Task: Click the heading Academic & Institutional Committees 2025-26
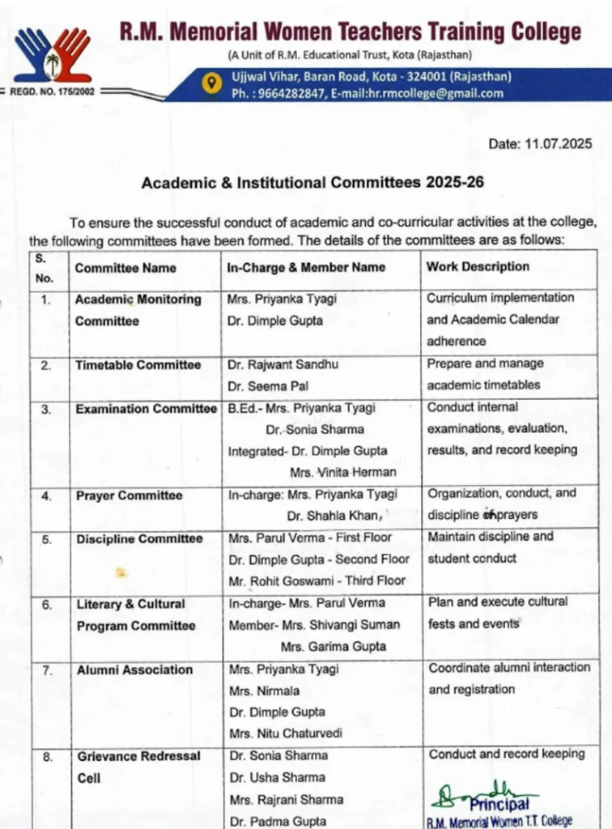point(312,182)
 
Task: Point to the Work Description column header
point(478,266)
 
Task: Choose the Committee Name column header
point(125,268)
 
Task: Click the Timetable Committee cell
point(138,365)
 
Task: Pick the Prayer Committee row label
point(129,495)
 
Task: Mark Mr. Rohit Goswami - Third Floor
point(317,580)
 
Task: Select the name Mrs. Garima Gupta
point(334,647)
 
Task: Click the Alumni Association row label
point(134,670)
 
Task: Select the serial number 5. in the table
point(47,538)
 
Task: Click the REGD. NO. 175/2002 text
point(52,91)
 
